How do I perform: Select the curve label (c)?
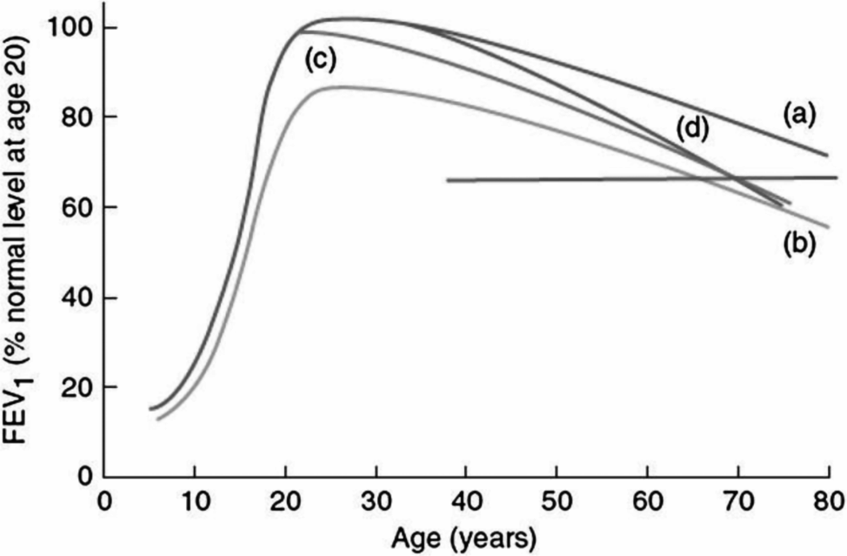point(320,59)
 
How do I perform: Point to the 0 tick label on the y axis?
point(84,477)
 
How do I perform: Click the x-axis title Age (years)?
point(465,535)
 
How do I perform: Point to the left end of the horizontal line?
point(447,180)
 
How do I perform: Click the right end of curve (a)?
point(827,156)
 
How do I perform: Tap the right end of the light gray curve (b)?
point(829,227)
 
